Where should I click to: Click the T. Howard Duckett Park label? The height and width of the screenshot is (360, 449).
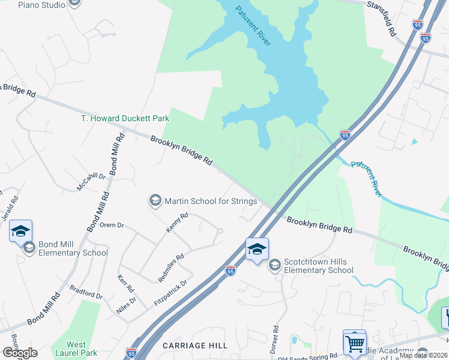125,118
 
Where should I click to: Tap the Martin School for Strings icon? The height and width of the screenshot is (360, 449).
155,201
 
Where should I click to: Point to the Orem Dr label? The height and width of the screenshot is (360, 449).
111,226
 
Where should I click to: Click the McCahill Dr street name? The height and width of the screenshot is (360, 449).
91,182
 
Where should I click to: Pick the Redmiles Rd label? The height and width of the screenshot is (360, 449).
170,268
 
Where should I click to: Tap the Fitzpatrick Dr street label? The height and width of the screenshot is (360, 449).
170,292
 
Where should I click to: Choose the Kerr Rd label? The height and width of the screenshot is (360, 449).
125,284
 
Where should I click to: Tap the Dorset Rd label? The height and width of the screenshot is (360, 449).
276,340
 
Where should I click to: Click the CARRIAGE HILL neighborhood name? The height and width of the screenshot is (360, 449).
195,346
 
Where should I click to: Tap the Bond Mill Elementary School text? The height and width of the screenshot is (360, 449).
73,248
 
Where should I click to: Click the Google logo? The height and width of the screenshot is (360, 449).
19,352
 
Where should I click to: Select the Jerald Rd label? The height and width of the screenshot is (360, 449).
14,208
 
